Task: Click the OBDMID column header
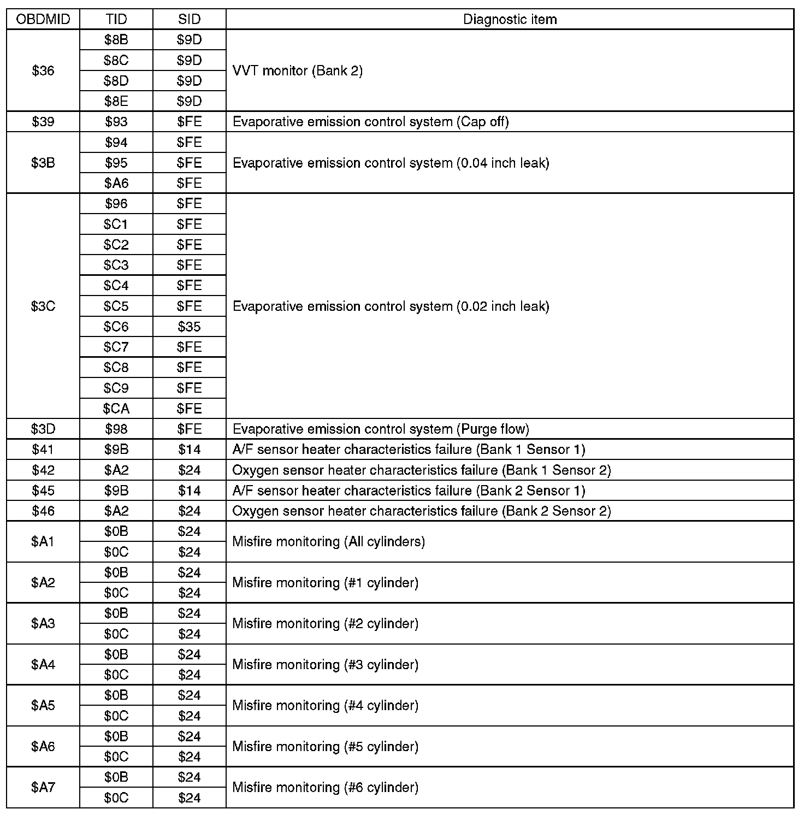[x=43, y=20]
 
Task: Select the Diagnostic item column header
[x=510, y=20]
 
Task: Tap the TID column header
[x=116, y=20]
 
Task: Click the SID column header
[x=189, y=20]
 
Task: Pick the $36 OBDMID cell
[x=43, y=70]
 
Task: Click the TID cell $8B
[x=116, y=40]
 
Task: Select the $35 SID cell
[x=189, y=327]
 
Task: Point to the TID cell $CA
[x=116, y=409]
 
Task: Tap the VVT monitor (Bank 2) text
[x=298, y=70]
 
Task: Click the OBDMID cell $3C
[x=43, y=306]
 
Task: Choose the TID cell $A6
[x=116, y=183]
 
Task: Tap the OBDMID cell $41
[x=43, y=450]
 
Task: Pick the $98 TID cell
[x=116, y=429]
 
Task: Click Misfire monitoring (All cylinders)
[x=328, y=541]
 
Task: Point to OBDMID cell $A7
[x=43, y=787]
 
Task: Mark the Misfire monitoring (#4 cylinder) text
[x=326, y=705]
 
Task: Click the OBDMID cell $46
[x=43, y=511]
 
